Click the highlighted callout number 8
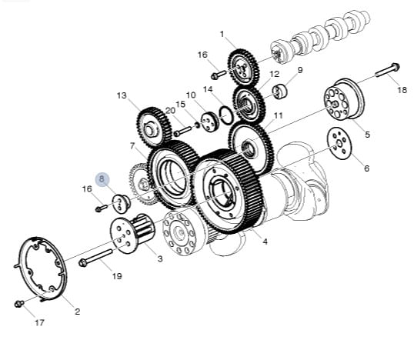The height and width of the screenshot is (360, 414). click(102, 179)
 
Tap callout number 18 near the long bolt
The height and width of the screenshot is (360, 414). click(402, 90)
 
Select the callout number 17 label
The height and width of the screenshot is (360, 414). click(39, 322)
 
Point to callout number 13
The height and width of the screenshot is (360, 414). click(122, 95)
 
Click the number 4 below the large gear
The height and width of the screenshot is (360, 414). click(265, 242)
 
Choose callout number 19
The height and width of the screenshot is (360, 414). click(117, 276)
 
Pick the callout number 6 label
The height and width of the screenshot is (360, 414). click(367, 168)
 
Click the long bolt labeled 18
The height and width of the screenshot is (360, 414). click(387, 70)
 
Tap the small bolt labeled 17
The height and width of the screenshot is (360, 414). click(19, 304)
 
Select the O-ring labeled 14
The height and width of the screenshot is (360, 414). click(226, 115)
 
